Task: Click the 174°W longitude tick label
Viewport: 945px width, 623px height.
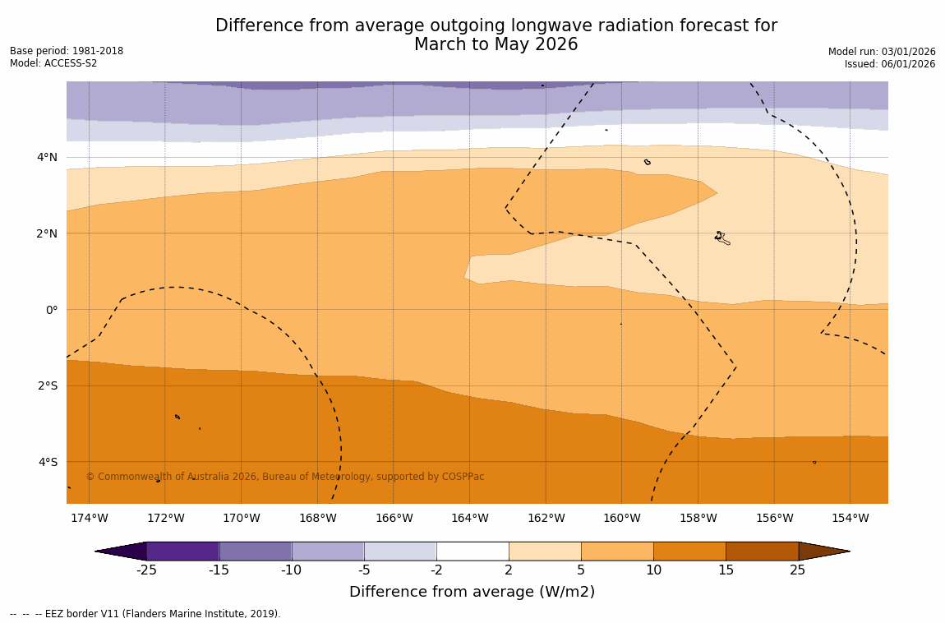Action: point(89,519)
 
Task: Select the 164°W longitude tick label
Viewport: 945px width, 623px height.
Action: point(469,519)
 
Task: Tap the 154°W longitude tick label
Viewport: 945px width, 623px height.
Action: point(850,519)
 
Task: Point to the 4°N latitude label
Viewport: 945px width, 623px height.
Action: point(47,157)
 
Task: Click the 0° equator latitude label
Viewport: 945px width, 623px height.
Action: point(51,310)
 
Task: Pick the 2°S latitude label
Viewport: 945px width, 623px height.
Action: point(47,385)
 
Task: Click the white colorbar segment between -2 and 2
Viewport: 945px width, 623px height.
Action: point(472,551)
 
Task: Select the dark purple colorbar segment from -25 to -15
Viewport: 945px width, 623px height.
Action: point(182,551)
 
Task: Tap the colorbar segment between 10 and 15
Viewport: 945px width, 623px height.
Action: point(689,551)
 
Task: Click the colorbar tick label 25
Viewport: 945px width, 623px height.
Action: point(798,570)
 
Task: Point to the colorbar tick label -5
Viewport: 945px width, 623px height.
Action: point(363,570)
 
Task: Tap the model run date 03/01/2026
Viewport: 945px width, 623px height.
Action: point(907,52)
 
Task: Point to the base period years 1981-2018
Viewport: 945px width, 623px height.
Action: point(98,51)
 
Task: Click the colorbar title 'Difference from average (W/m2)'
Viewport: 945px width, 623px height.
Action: point(472,592)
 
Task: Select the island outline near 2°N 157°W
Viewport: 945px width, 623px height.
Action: point(721,238)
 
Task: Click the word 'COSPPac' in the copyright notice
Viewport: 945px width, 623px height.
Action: point(463,477)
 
